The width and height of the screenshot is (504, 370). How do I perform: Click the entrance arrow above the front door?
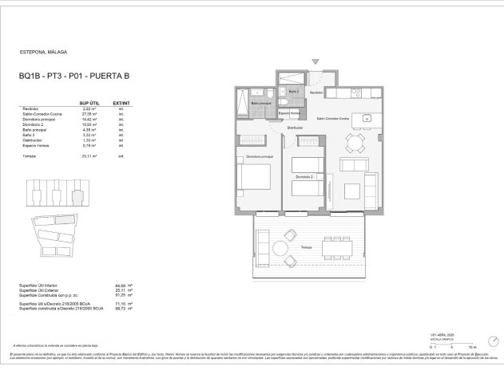(x=317, y=61)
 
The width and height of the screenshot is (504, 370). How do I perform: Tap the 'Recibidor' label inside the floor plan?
(x=317, y=93)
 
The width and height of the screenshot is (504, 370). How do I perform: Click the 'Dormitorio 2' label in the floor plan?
(x=304, y=175)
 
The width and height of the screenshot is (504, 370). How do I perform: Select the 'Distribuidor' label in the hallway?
(x=296, y=128)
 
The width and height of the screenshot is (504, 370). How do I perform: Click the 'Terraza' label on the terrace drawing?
(x=307, y=248)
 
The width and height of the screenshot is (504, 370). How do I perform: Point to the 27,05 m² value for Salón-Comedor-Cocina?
(x=89, y=114)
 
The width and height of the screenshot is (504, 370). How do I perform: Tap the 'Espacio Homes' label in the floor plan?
(x=289, y=113)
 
